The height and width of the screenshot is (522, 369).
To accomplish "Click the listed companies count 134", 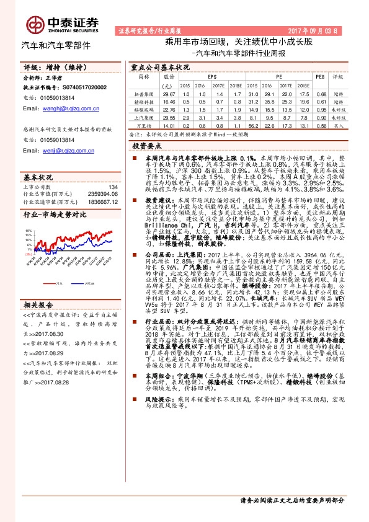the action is tap(112, 187).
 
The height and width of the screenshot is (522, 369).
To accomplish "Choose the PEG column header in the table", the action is tap(320, 77).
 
